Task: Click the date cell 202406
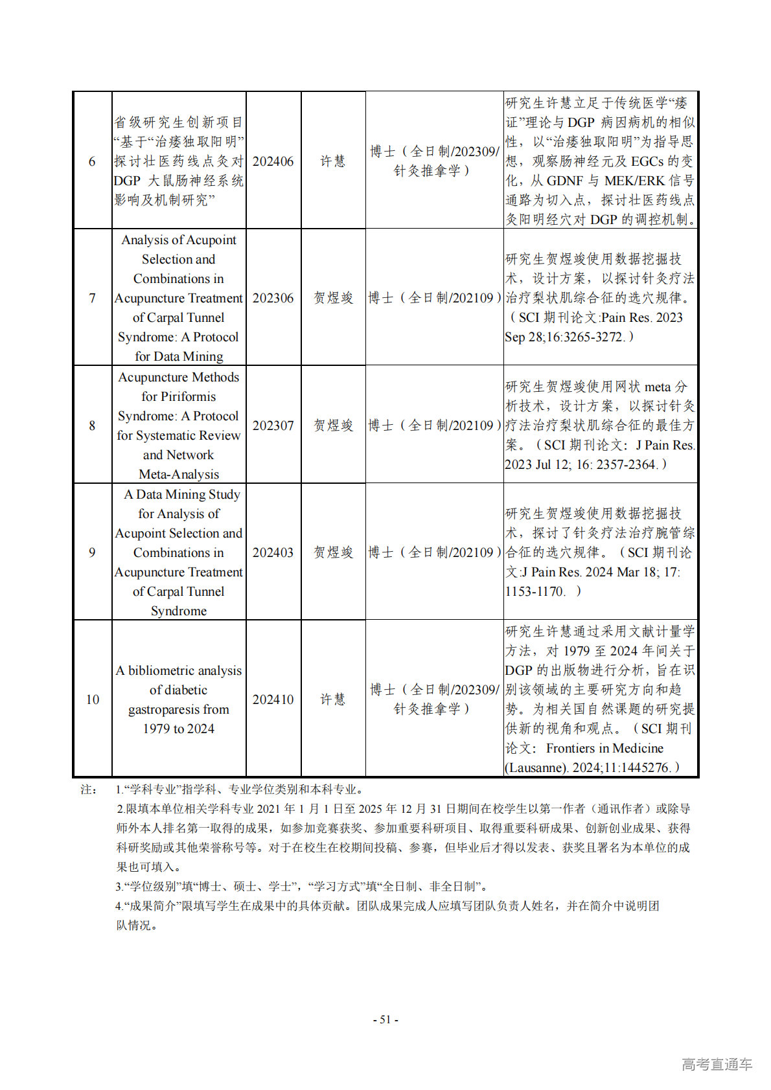(273, 161)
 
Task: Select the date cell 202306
(273, 298)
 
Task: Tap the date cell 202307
(273, 426)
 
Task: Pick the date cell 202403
(273, 552)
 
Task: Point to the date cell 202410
(273, 699)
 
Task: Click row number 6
(92, 161)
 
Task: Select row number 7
(92, 298)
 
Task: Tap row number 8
(92, 426)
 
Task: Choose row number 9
(92, 552)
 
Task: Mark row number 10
(93, 699)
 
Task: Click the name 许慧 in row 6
(333, 161)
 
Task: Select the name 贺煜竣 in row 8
(333, 426)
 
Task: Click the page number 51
(385, 1019)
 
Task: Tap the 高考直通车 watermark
(717, 1064)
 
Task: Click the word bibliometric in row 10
(185, 671)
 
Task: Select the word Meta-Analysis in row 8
(179, 474)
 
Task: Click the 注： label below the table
(88, 789)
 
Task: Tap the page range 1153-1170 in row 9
(535, 591)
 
